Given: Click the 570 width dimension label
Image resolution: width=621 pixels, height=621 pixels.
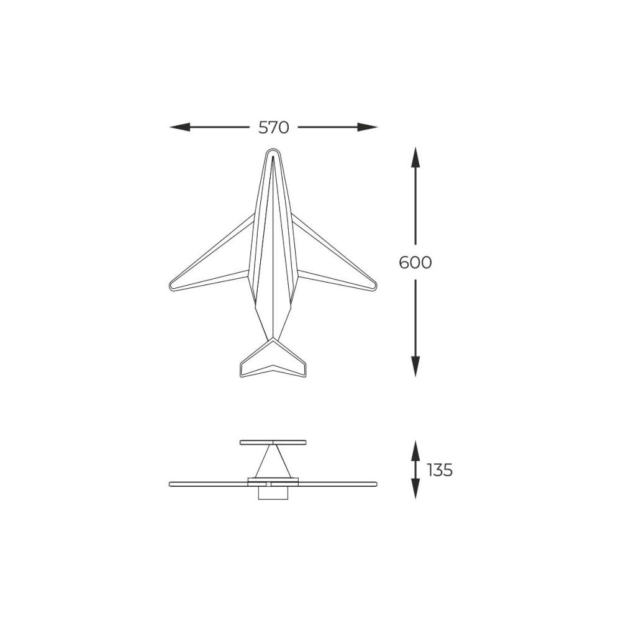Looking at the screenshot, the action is click(274, 127).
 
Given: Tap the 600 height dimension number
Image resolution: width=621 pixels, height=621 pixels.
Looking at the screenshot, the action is click(415, 262).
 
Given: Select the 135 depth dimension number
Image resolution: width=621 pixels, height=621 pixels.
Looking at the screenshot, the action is click(440, 470).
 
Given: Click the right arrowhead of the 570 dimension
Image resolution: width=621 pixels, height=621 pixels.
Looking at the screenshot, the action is click(368, 127).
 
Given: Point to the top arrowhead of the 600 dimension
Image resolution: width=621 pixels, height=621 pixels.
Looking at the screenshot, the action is click(415, 157).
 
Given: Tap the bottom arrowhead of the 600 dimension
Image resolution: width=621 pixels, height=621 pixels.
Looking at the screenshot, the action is click(415, 366).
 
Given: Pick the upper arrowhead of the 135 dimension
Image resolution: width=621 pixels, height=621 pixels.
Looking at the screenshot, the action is click(415, 450).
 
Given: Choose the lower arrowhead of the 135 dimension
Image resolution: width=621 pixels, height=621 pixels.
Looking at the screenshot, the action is click(415, 489).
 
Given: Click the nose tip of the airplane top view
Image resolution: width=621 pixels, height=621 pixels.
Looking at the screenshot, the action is click(273, 149).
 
